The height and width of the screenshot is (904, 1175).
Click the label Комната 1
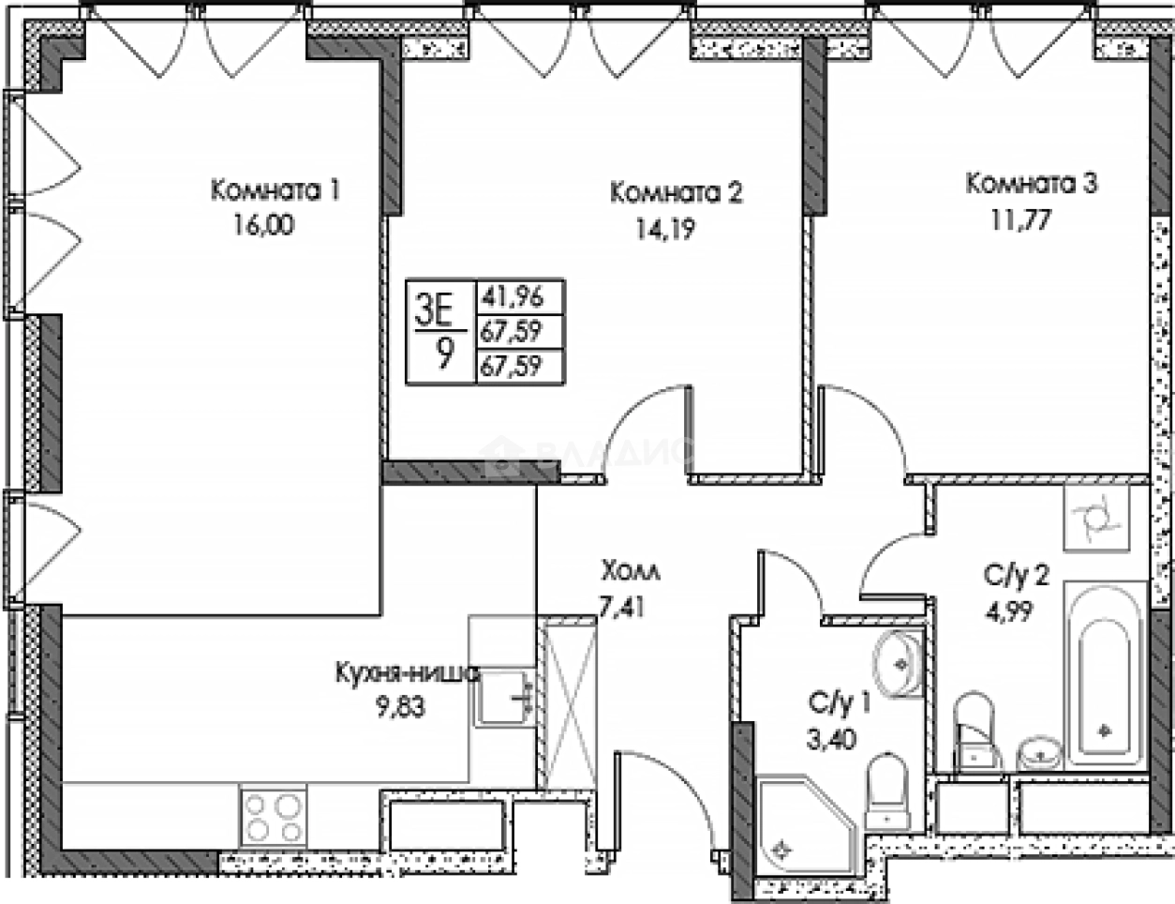pyautogui.click(x=275, y=190)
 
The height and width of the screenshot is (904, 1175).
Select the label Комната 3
pyautogui.click(x=1031, y=183)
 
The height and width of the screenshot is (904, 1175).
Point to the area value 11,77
pyautogui.click(x=1020, y=220)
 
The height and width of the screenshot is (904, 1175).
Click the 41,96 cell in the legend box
pyautogui.click(x=512, y=297)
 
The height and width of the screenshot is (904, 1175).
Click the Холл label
pyautogui.click(x=630, y=570)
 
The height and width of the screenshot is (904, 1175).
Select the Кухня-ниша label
pyautogui.click(x=407, y=672)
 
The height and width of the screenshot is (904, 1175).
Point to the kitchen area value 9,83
pyautogui.click(x=400, y=707)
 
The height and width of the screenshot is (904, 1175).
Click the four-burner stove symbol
pyautogui.click(x=273, y=816)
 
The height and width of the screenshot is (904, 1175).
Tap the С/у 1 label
pyautogui.click(x=840, y=702)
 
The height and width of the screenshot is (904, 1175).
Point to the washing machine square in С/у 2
pyautogui.click(x=1094, y=519)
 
